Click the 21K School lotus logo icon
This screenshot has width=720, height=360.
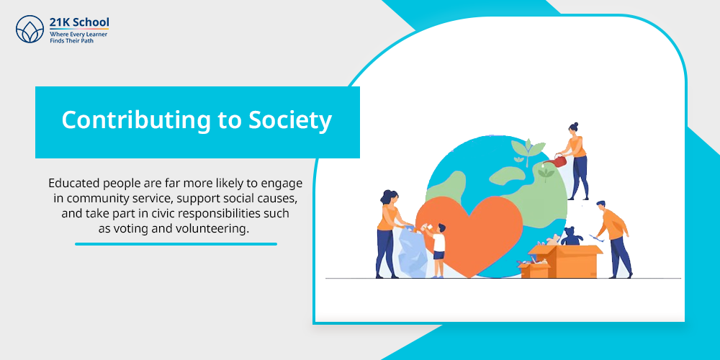click(x=30, y=29)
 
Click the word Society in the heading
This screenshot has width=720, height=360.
click(x=289, y=120)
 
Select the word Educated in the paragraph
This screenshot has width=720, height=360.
click(x=73, y=183)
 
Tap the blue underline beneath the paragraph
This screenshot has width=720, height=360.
click(x=176, y=244)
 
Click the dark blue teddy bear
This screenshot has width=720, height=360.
click(x=572, y=236)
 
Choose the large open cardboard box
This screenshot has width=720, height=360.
click(x=565, y=261)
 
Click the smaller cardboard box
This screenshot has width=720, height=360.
click(x=534, y=269)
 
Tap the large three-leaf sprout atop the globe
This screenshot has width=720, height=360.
click(x=528, y=150)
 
